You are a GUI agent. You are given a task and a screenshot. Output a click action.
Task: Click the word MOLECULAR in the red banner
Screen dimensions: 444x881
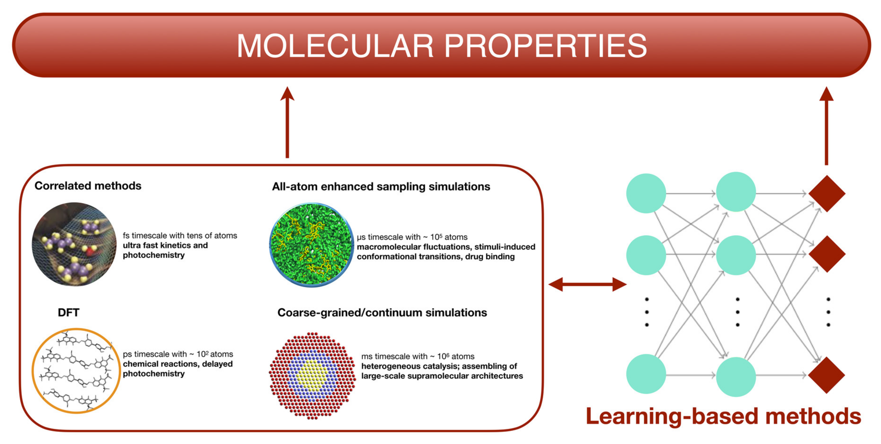point(335,46)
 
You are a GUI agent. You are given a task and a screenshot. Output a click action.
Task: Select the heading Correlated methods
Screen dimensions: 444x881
point(88,186)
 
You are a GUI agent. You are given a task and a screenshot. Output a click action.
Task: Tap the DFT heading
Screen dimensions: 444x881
point(68,312)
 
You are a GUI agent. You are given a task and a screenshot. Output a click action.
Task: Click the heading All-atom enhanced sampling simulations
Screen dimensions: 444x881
point(381,187)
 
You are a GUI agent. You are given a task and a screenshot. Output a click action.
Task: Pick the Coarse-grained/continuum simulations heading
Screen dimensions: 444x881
point(382,313)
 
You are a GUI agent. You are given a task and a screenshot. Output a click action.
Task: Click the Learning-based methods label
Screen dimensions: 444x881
point(723,416)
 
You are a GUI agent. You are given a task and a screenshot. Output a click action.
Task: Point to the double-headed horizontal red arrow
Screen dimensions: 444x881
point(587,284)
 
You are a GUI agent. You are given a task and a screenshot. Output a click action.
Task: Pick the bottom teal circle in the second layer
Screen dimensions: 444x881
point(736,377)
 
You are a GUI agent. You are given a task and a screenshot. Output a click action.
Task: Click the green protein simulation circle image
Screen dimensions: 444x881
point(311,245)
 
